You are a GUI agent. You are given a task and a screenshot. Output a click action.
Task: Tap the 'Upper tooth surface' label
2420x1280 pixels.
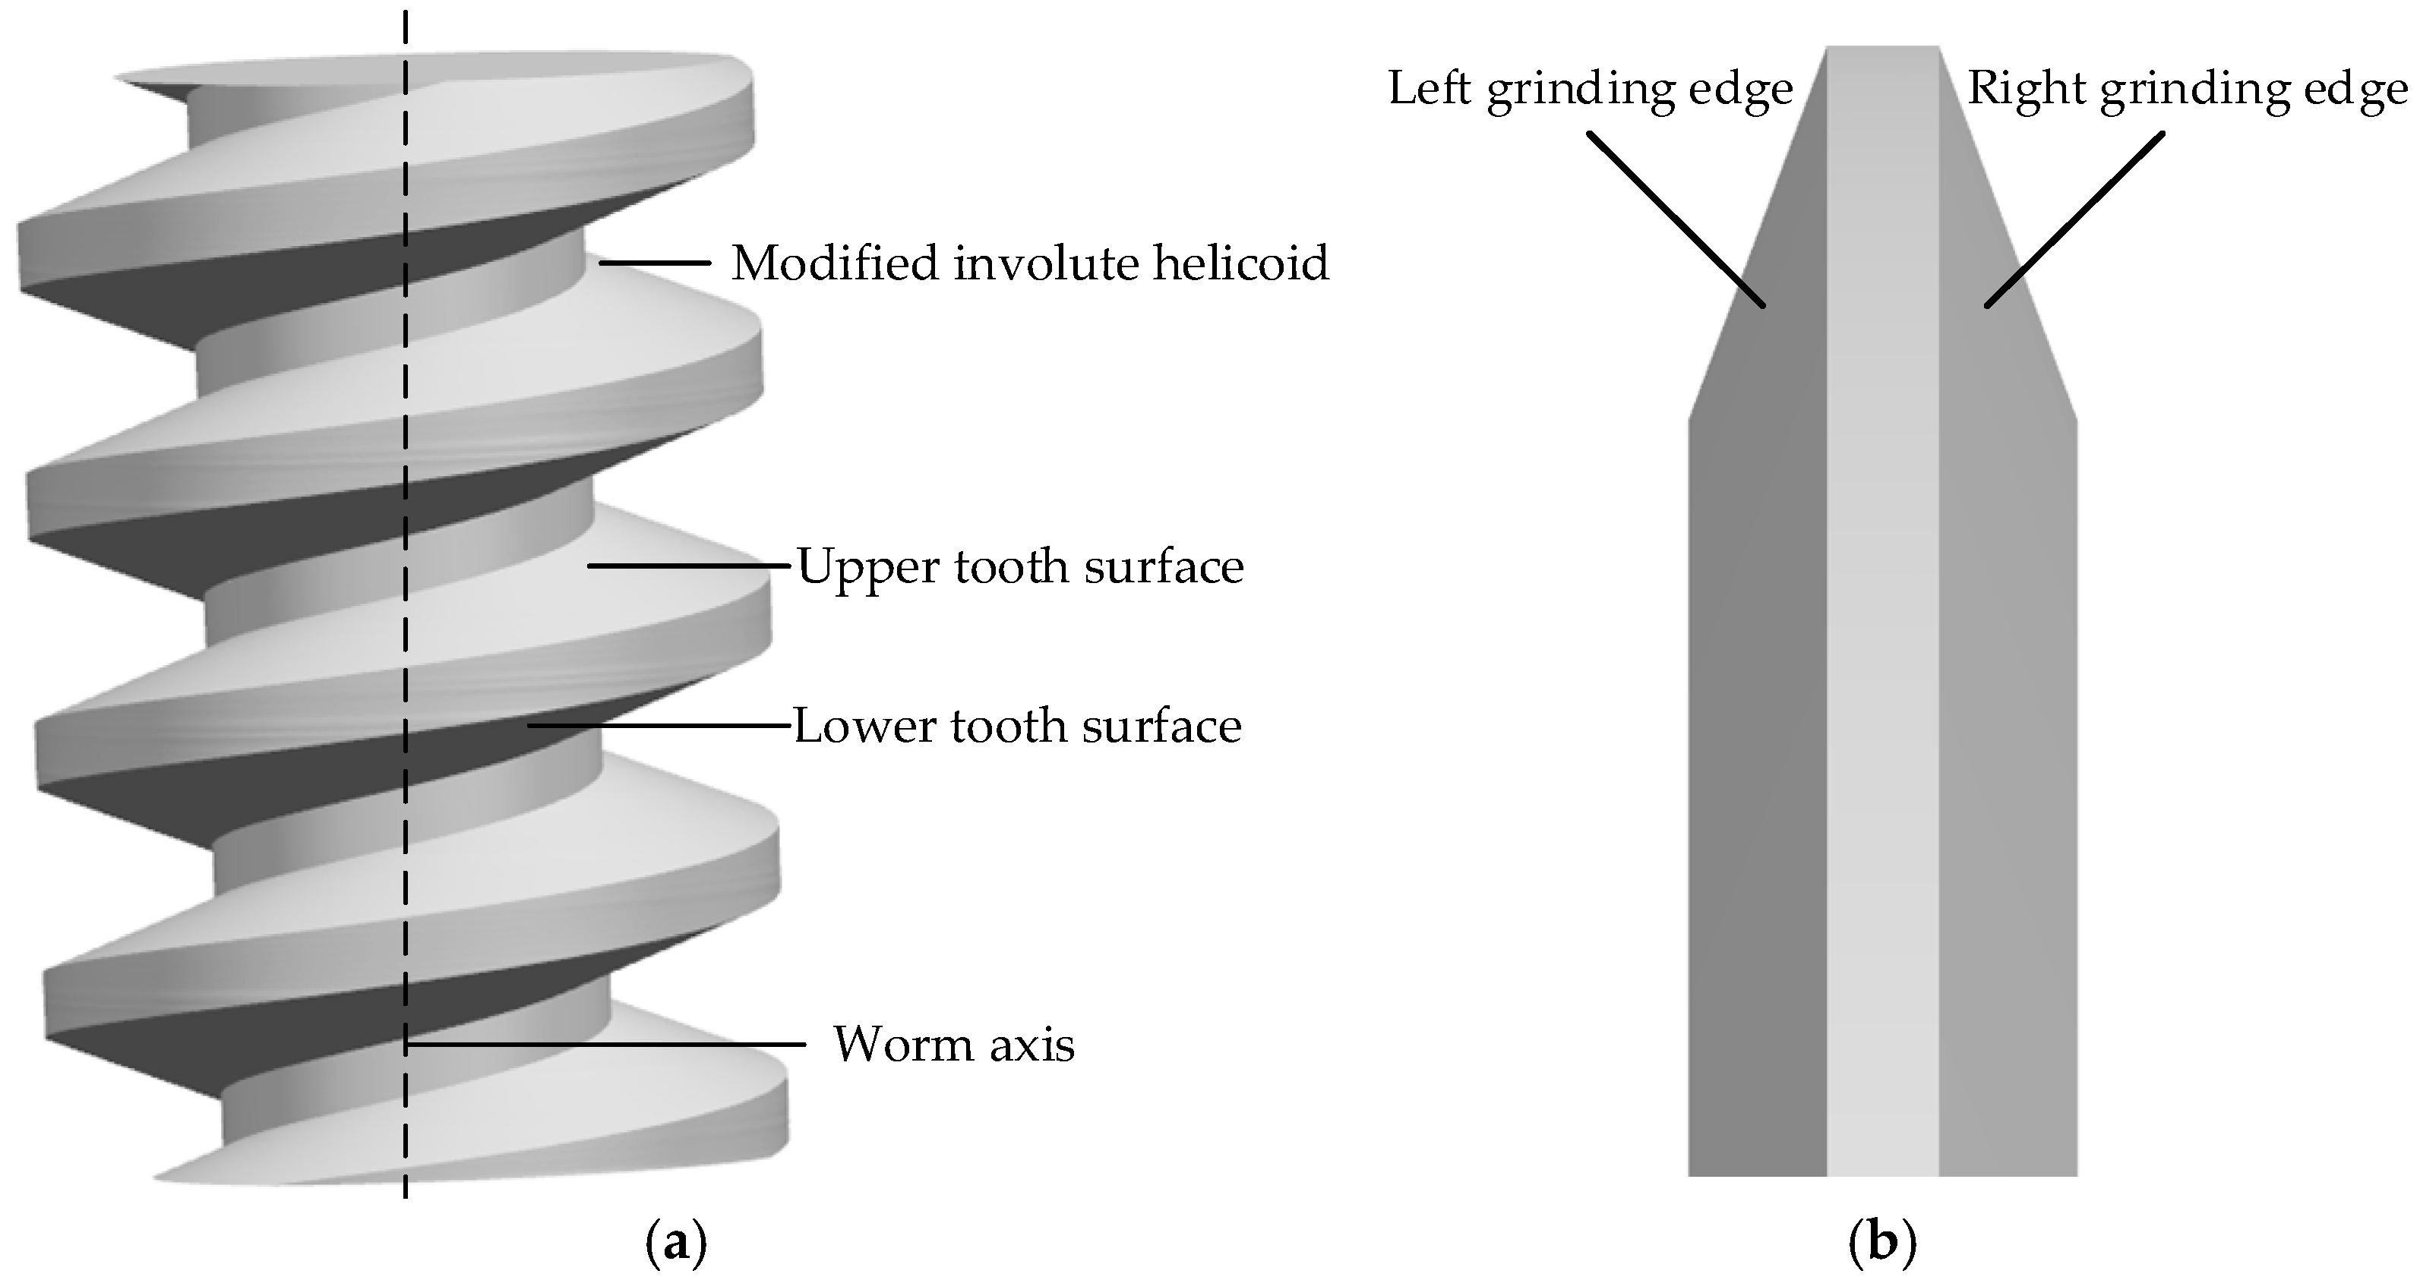click(x=1020, y=567)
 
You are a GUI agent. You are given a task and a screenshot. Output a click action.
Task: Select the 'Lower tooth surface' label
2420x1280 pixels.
click(x=1017, y=727)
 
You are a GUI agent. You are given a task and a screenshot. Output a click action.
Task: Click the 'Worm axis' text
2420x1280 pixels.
click(x=953, y=1045)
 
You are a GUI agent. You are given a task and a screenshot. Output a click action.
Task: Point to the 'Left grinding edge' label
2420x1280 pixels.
click(x=1590, y=90)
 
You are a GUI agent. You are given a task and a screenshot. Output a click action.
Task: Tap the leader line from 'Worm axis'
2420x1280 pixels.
click(x=606, y=1045)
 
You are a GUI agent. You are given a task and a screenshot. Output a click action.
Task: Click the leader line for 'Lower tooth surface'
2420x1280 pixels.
click(x=658, y=726)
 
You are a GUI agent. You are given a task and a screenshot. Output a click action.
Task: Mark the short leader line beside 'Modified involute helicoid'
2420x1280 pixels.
click(x=655, y=263)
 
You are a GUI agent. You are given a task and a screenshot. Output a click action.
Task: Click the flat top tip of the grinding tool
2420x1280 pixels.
click(x=1883, y=49)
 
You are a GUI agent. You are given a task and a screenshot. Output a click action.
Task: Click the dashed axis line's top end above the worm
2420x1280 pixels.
click(x=406, y=19)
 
